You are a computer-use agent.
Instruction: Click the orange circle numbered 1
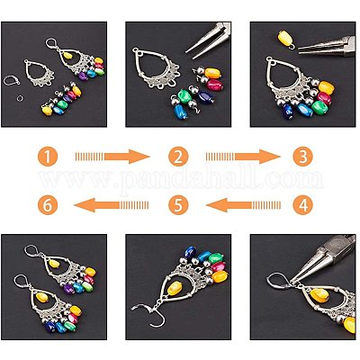point(48,157)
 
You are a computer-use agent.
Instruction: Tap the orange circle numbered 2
point(178,157)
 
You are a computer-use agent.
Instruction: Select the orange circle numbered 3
point(302,157)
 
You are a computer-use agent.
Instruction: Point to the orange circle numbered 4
point(302,205)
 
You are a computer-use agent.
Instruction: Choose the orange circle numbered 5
point(178,205)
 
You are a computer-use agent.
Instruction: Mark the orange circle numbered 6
point(48,205)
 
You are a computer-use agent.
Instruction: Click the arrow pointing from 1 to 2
point(112,157)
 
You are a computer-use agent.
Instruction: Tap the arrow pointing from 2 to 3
point(243,157)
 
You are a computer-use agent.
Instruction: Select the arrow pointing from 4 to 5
point(243,205)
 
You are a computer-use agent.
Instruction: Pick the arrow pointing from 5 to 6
point(112,205)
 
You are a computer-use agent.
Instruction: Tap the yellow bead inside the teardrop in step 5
point(175,289)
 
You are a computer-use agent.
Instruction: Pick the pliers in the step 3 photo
point(327,47)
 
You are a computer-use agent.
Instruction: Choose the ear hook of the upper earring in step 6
point(33,253)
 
